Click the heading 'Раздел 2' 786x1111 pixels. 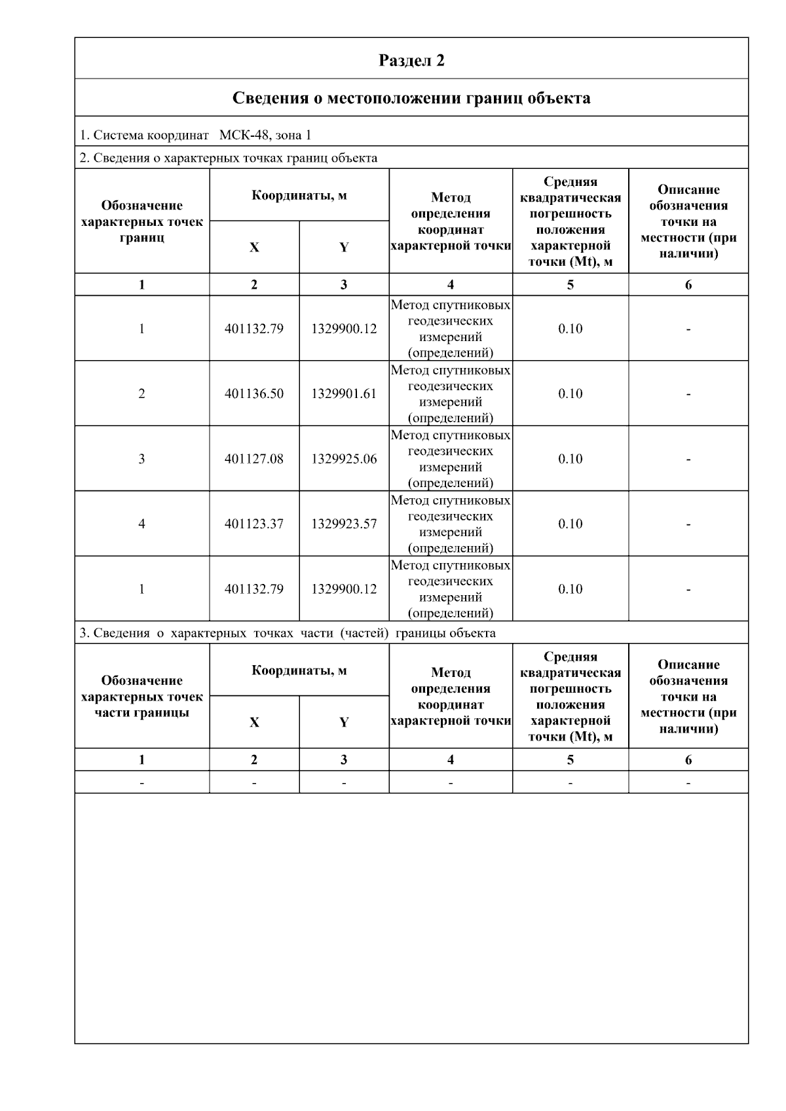[411, 60]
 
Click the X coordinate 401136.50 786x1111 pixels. [254, 393]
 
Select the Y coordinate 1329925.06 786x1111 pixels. [344, 459]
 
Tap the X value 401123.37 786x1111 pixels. [254, 524]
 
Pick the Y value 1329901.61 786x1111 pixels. [344, 393]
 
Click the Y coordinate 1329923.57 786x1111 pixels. [344, 524]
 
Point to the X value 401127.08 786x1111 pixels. [254, 459]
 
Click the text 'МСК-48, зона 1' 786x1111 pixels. [265, 136]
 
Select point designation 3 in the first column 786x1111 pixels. [141, 459]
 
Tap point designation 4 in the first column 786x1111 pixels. [141, 524]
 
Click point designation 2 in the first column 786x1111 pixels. [141, 393]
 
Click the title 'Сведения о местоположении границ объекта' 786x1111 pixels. [411, 98]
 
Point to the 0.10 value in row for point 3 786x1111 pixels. [570, 459]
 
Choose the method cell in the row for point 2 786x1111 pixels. [451, 393]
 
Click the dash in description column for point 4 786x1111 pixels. [688, 524]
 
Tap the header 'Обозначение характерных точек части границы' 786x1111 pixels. [142, 697]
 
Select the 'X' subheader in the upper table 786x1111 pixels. [254, 247]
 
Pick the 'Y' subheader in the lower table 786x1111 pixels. [344, 723]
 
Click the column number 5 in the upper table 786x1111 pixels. [570, 285]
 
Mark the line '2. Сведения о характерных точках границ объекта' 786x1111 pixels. [229, 158]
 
